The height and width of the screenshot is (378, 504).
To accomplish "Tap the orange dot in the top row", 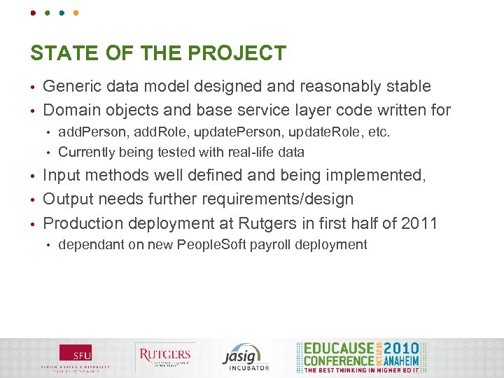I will (76, 13).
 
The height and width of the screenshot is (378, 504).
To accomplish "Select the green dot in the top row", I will (48, 13).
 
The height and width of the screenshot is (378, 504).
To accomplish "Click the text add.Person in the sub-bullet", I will (87, 132).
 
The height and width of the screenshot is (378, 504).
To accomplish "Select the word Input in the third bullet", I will (60, 176).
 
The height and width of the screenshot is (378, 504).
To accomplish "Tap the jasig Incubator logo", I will (245, 357).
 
